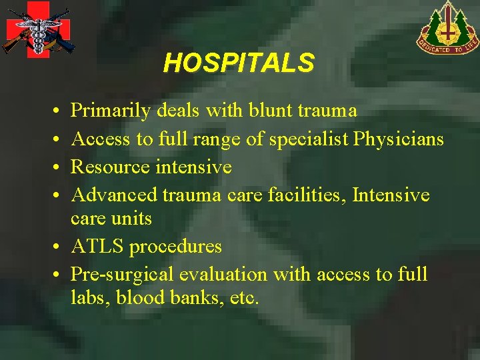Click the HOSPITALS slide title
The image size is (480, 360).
point(239,63)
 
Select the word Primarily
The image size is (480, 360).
point(111,111)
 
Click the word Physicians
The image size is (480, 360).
point(398,139)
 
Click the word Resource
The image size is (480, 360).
point(111,166)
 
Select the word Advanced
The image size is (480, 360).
point(113,195)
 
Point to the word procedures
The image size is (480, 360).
point(175,247)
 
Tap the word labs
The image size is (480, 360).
point(91,297)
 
